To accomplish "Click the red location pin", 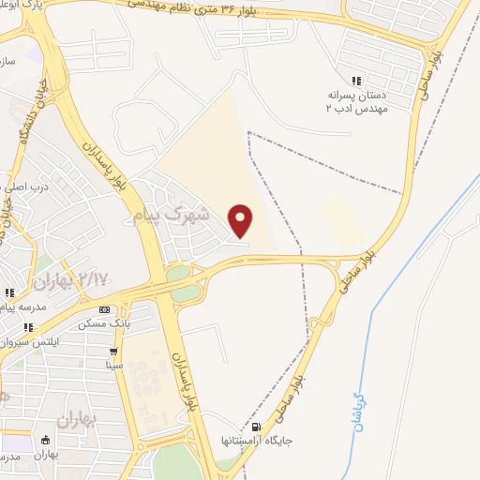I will point(242,220).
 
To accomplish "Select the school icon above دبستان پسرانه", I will point(355,81).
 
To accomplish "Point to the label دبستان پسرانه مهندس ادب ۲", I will point(356,101).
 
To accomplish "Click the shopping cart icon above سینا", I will point(112,352).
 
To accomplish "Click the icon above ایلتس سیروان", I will point(28,327).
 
